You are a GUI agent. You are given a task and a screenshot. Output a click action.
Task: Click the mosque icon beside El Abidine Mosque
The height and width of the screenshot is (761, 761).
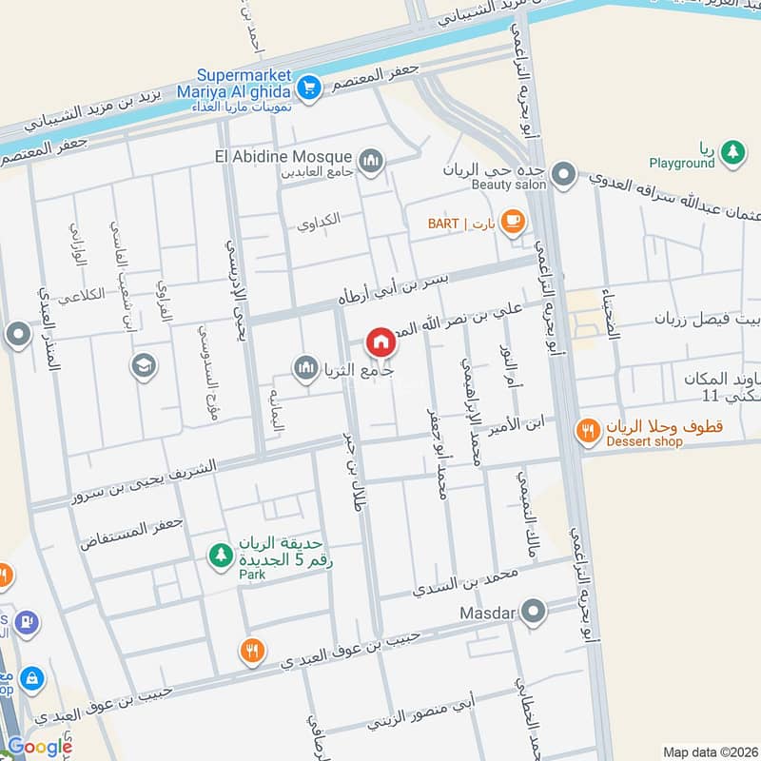click(x=371, y=160)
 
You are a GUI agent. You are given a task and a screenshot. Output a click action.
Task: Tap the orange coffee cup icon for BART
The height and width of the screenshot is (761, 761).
click(x=513, y=223)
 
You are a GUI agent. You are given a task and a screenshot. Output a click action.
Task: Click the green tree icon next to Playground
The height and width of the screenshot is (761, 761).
click(x=732, y=149)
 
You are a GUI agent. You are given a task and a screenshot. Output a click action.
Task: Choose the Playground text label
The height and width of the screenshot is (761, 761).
click(x=682, y=163)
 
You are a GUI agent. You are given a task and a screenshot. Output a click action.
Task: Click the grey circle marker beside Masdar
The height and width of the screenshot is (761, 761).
click(x=535, y=612)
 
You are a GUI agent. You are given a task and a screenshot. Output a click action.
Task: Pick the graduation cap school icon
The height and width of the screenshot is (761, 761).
click(x=145, y=365)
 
